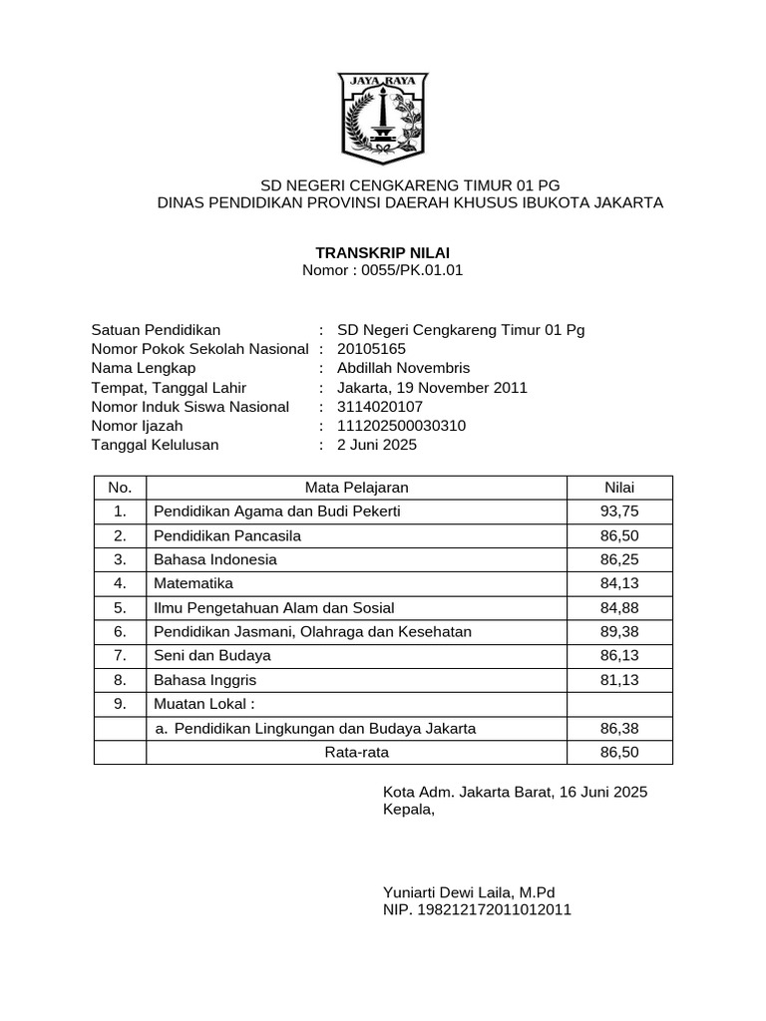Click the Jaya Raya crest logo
[383, 118]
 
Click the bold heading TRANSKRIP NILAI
[382, 253]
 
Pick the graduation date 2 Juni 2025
[377, 445]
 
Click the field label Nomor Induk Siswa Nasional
[190, 407]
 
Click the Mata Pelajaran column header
[356, 488]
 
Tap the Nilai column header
[619, 488]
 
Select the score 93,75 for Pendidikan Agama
[619, 511]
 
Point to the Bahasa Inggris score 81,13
[619, 680]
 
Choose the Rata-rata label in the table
[356, 753]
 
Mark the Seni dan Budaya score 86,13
[619, 656]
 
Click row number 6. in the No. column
[120, 632]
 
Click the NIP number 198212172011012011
[477, 909]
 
